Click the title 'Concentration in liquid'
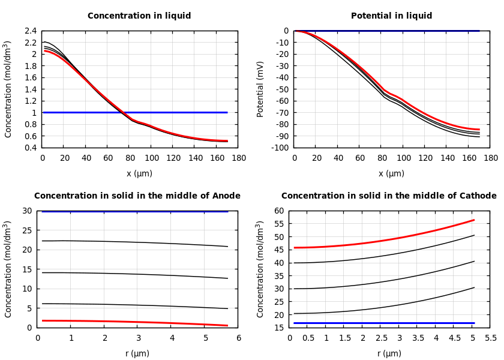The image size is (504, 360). [x=139, y=16]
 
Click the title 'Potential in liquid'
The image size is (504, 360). [x=391, y=16]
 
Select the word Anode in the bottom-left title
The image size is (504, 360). [x=227, y=196]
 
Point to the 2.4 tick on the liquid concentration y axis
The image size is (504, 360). [x=30, y=31]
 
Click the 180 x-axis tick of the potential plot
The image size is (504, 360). [x=490, y=158]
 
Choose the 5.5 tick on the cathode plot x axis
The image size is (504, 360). [x=490, y=338]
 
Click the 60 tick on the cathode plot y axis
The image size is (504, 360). [x=278, y=211]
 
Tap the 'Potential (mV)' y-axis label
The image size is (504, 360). [x=260, y=89]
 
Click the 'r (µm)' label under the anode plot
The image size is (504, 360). [x=137, y=353]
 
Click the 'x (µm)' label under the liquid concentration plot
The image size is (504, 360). [x=139, y=173]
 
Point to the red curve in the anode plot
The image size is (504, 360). [x=138, y=322]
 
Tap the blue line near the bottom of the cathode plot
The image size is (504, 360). [x=384, y=323]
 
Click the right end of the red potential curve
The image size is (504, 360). [x=478, y=129]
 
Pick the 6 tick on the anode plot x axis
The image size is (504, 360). [x=238, y=338]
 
